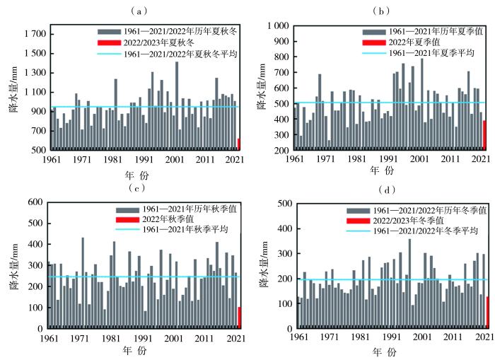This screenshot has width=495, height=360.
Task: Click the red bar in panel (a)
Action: [x=239, y=144]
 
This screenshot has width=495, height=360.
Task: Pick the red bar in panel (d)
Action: [x=487, y=312]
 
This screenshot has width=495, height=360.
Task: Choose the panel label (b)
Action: [x=387, y=10]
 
